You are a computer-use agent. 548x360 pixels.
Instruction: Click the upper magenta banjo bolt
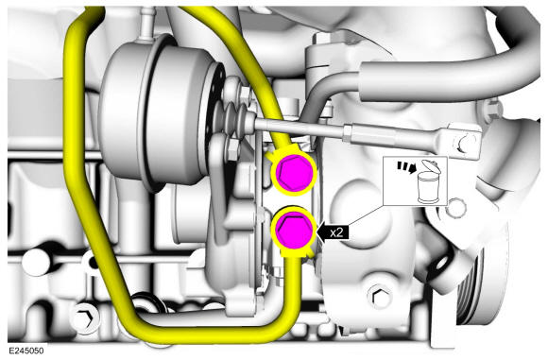pyautogui.click(x=294, y=173)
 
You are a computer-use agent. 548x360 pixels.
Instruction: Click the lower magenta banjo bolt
pyautogui.click(x=293, y=230)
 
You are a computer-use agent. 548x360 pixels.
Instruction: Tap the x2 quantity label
pyautogui.click(x=336, y=232)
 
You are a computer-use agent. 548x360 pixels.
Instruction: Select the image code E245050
pyautogui.click(x=26, y=351)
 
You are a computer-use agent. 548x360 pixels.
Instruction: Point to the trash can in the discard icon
pyautogui.click(x=428, y=187)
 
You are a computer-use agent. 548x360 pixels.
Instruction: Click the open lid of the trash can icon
pyautogui.click(x=430, y=165)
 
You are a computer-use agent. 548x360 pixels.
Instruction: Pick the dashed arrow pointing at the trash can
pyautogui.click(x=407, y=166)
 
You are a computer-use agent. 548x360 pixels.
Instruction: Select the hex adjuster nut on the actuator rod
pyautogui.click(x=349, y=133)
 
